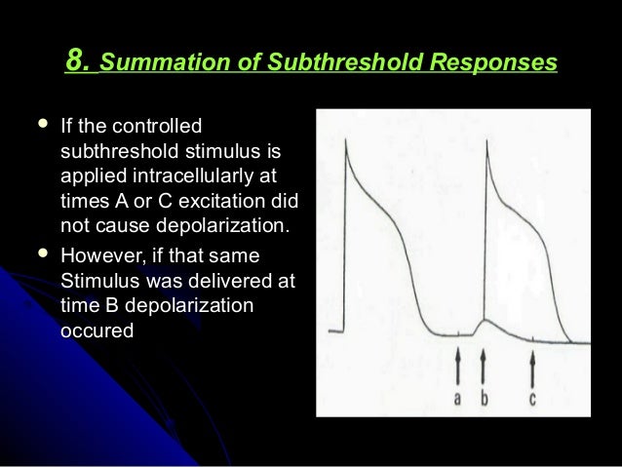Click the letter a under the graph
coord(458,398)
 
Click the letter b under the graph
coord(484,398)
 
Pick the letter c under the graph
coord(532,399)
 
